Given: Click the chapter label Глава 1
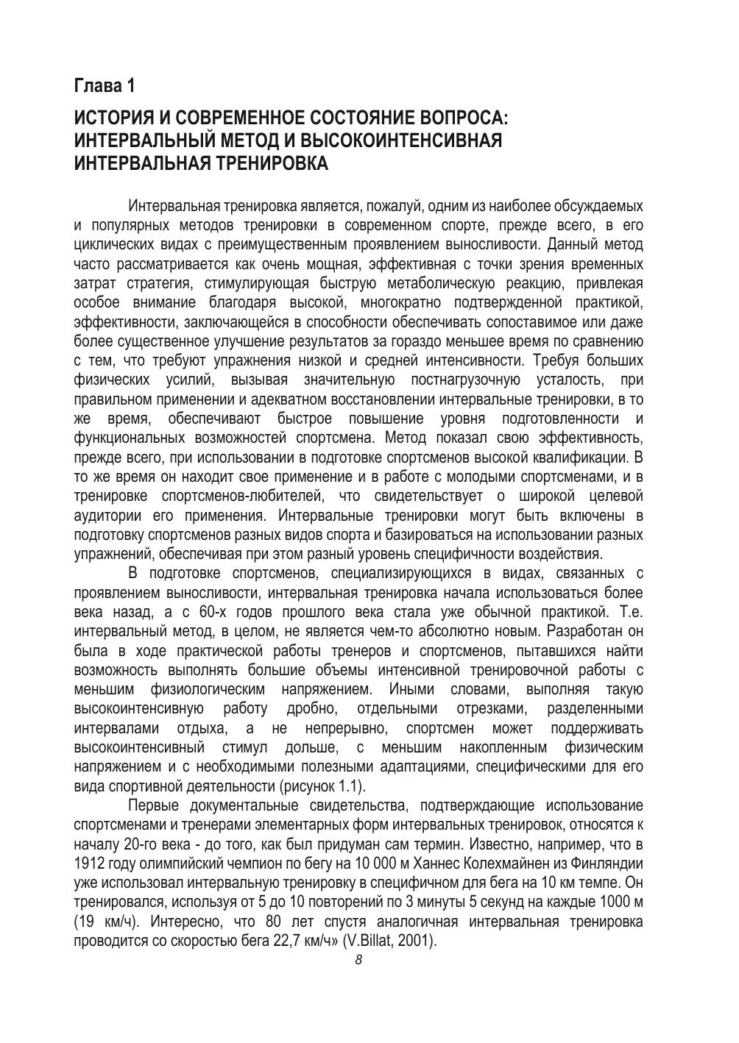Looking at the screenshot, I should pyautogui.click(x=105, y=86).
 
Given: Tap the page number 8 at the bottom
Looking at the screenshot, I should pyautogui.click(x=358, y=960).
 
